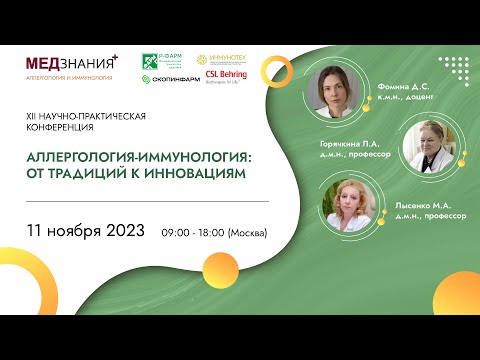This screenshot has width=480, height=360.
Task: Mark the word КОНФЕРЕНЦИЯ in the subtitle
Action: [x=61, y=128]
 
